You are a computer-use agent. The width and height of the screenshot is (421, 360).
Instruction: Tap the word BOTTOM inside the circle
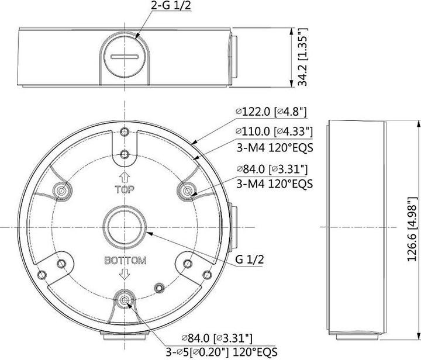pos(125,261)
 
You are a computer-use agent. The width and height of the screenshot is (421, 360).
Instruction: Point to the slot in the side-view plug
pos(125,57)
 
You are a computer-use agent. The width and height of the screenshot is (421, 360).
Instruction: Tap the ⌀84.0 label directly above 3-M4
pos(272,169)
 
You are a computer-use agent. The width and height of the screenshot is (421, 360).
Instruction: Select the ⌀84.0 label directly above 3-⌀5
pos(217,337)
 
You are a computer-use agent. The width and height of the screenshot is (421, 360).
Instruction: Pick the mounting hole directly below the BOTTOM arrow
pos(125,300)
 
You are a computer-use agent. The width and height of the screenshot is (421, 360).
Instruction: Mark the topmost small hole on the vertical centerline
pos(125,130)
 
